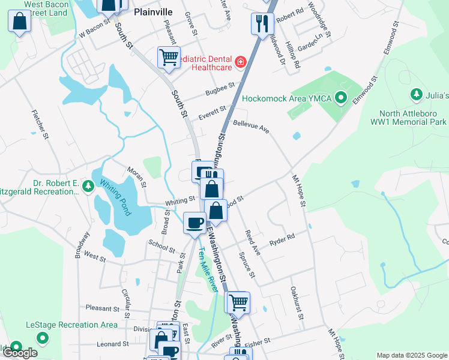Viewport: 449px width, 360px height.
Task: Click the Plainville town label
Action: [x=153, y=11]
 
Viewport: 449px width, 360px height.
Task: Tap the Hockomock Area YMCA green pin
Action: [x=341, y=97]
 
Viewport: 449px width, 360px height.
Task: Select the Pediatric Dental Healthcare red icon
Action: [x=241, y=62]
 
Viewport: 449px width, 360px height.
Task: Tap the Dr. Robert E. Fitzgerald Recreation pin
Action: [x=88, y=187]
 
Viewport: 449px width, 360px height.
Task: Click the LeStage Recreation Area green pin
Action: [x=43, y=338]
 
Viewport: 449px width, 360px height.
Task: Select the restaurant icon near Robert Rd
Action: [x=262, y=23]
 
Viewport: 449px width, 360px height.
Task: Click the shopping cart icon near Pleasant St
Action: [x=169, y=58]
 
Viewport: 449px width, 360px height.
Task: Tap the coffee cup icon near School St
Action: [x=194, y=223]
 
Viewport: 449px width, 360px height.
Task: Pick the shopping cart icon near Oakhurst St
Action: [x=238, y=302]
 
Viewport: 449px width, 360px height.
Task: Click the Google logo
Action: [x=20, y=353]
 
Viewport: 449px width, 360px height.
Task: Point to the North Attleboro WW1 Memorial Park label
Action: [x=413, y=118]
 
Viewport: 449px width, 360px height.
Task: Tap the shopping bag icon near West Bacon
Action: [x=20, y=22]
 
